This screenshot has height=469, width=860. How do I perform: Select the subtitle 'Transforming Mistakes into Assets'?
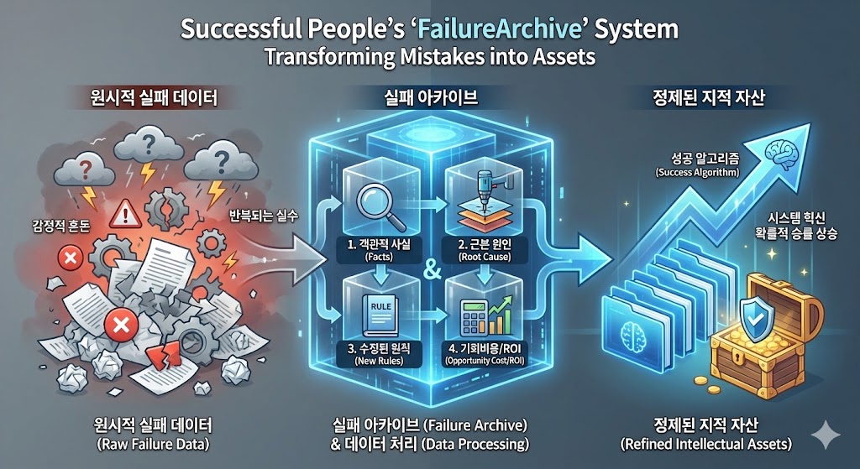click(x=430, y=59)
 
